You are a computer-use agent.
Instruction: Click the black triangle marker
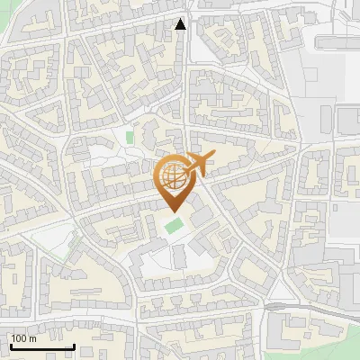click(x=181, y=24)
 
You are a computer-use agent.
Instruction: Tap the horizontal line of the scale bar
click(x=41, y=346)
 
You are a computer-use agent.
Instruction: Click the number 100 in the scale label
click(x=20, y=338)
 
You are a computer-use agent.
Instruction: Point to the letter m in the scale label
click(x=33, y=338)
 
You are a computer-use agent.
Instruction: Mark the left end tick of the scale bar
click(x=10, y=345)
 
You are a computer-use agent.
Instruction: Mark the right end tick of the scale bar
click(x=74, y=345)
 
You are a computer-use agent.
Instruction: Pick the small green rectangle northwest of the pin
click(x=130, y=138)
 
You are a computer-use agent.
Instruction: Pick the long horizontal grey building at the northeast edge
click(x=338, y=40)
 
